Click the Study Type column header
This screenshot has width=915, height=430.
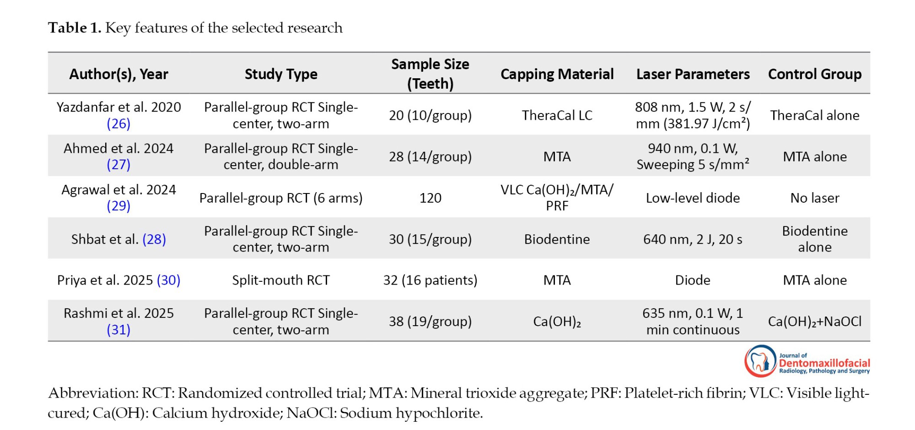click(281, 74)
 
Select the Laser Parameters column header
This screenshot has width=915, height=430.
click(693, 74)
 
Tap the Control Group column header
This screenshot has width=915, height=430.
click(814, 74)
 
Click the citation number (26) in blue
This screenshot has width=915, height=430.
click(118, 124)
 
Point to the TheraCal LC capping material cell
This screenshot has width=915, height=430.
click(557, 115)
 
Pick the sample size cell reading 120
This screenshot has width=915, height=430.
click(430, 198)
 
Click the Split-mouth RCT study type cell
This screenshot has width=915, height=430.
click(281, 280)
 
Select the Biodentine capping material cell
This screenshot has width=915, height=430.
click(557, 239)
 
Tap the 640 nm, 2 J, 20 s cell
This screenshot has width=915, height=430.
click(693, 239)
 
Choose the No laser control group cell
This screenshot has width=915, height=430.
click(814, 198)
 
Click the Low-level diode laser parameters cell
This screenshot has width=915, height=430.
click(693, 198)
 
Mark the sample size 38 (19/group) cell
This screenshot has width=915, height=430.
click(430, 322)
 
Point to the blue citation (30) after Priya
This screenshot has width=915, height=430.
click(168, 280)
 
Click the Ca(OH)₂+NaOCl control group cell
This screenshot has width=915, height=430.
click(814, 322)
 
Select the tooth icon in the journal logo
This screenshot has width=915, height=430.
click(760, 361)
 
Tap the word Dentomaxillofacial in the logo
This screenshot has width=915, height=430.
click(824, 363)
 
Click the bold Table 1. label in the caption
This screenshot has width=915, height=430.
click(75, 28)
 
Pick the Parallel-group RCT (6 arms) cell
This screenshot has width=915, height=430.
click(281, 198)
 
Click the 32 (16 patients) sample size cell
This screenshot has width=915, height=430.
click(430, 280)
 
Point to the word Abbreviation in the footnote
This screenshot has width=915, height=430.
click(91, 393)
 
